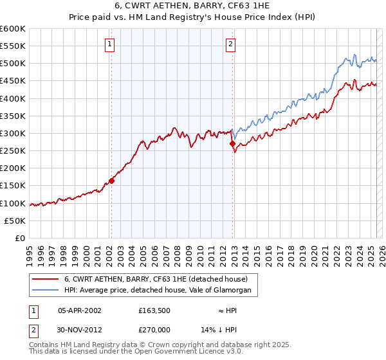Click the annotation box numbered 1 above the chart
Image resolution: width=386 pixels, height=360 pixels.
tap(111, 44)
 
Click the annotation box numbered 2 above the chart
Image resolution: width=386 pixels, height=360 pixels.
tap(230, 44)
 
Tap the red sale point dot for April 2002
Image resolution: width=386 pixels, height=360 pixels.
tap(111, 181)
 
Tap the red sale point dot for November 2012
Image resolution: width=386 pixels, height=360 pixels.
tap(232, 144)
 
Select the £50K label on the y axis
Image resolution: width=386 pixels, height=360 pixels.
tap(15, 221)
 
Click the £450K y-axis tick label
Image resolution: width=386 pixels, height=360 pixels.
tap(12, 81)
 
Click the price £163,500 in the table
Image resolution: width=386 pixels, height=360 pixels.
tap(154, 309)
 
